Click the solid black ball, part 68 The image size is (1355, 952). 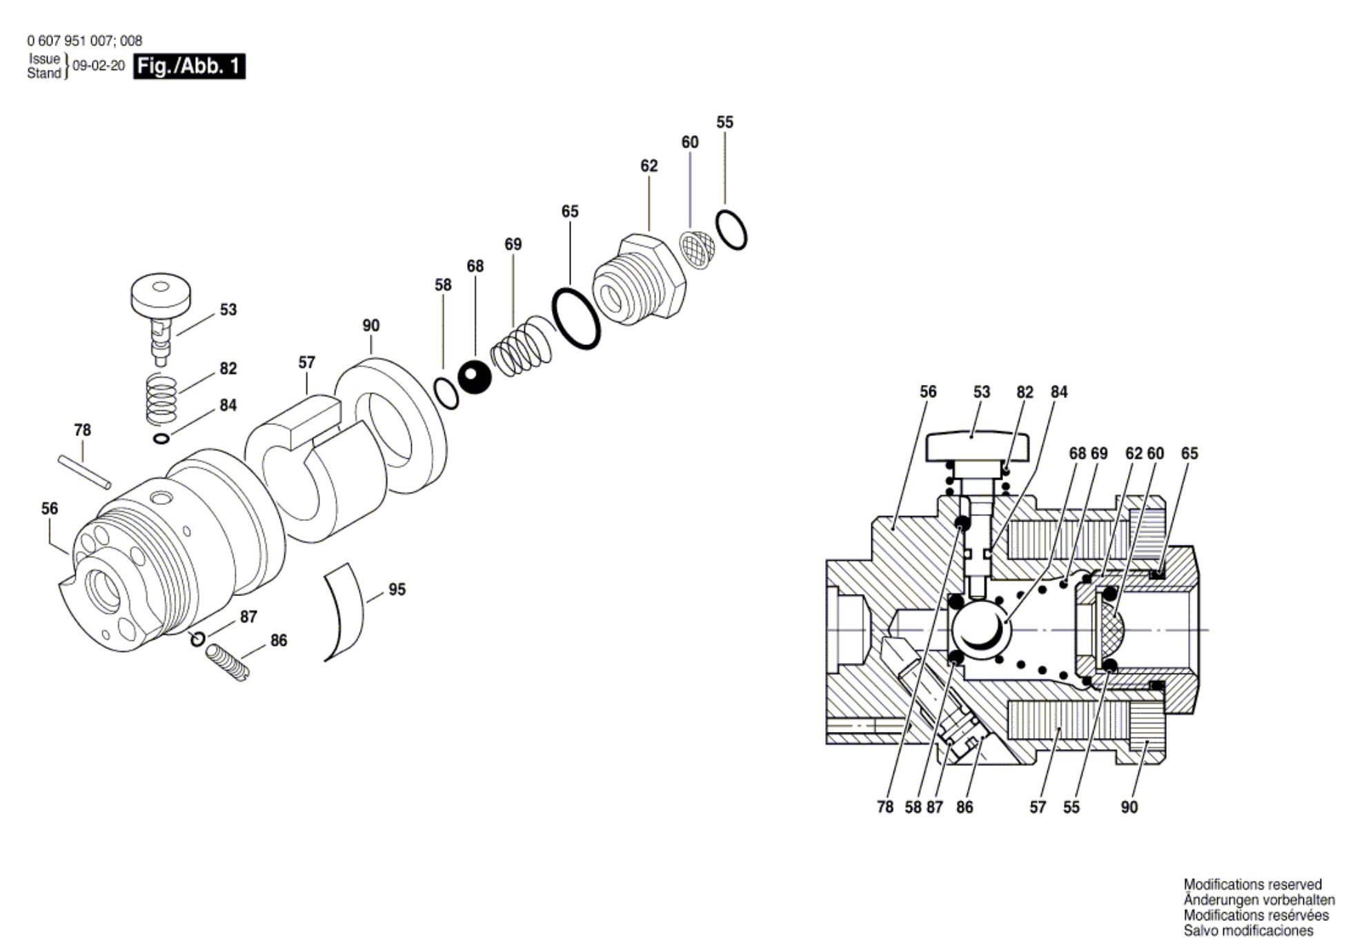click(475, 377)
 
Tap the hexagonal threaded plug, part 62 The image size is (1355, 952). click(639, 280)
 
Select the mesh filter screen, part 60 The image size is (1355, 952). click(697, 250)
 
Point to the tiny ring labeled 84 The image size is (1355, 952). click(161, 438)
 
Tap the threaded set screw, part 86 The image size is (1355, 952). click(228, 662)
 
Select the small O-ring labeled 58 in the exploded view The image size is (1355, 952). click(446, 393)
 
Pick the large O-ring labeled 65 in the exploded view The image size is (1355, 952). click(575, 318)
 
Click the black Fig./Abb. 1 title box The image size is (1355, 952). click(189, 66)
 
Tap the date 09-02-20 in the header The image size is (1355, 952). click(99, 66)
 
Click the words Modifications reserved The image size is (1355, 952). click(1252, 884)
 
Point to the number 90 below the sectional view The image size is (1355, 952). click(1129, 807)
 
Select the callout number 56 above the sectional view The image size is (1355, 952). click(928, 392)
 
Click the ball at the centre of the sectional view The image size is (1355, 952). click(980, 630)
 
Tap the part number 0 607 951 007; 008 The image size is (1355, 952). click(85, 41)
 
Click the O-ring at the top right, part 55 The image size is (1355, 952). click(731, 230)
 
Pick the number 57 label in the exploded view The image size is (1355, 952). click(306, 362)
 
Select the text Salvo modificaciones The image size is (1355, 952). click(1249, 931)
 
